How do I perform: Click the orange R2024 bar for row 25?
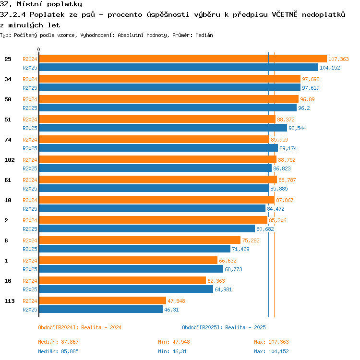(x=183, y=59)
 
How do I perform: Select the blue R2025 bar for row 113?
(x=101, y=309)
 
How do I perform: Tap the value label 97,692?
(x=311, y=79)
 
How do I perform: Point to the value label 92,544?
(x=297, y=128)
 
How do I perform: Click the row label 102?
(x=10, y=160)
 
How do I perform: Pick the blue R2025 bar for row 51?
(x=163, y=128)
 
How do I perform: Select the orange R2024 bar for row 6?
(x=140, y=240)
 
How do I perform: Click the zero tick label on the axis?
(x=38, y=49)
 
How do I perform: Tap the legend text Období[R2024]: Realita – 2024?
(x=80, y=327)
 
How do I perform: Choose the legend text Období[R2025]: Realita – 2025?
(x=224, y=327)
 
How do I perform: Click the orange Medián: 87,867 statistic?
(x=58, y=342)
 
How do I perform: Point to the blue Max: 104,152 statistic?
(x=271, y=351)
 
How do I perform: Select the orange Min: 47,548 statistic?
(x=174, y=342)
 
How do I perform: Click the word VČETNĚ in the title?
(x=285, y=14)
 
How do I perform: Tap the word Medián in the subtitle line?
(x=204, y=35)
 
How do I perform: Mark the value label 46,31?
(x=171, y=310)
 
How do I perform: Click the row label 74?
(x=8, y=140)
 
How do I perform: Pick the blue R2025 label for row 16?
(x=30, y=289)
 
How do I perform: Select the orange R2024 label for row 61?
(x=30, y=180)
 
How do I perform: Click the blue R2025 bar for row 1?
(x=131, y=269)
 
